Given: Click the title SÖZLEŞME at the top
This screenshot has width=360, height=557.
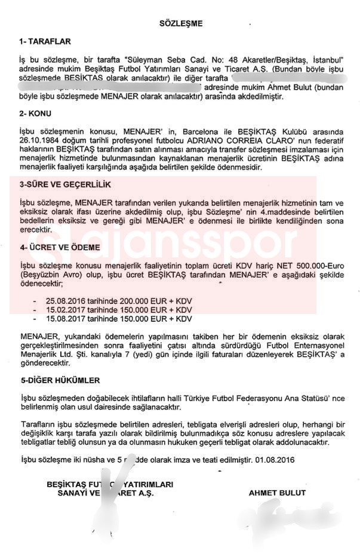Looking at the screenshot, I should (x=180, y=23).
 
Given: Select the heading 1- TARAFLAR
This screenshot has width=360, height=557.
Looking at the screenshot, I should (x=45, y=42).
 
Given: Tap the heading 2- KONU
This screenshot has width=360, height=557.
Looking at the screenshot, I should (x=35, y=113).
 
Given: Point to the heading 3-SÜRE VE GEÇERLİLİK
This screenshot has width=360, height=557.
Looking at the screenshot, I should (x=65, y=186).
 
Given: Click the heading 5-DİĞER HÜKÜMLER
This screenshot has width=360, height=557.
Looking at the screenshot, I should (x=60, y=380).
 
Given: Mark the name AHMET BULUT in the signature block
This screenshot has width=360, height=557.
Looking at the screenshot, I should (x=277, y=493).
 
